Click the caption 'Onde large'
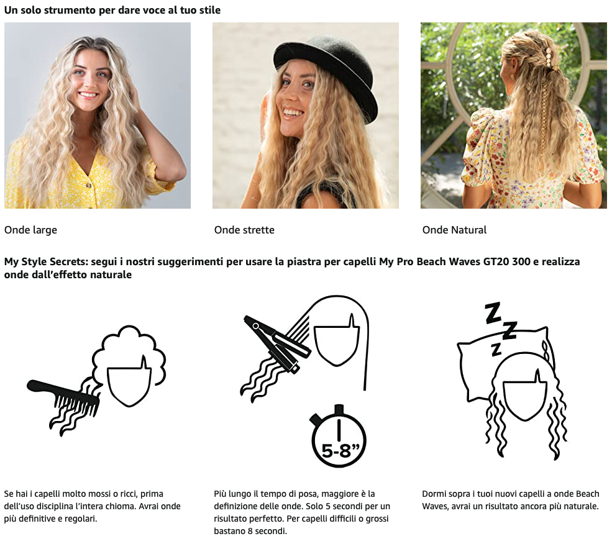pos(30,230)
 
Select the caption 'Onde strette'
pos(244,230)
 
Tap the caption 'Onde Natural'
pos(454,230)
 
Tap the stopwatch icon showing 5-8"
pos(339,437)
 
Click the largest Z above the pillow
pos(493,313)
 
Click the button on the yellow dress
pos(89,185)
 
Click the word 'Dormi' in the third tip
pos(434,494)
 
